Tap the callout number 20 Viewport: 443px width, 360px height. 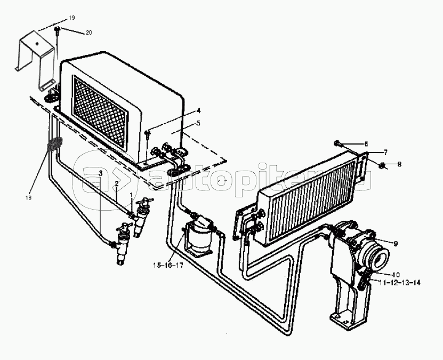[88, 33]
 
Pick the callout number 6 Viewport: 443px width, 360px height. [366, 144]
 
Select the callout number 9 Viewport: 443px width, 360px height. [396, 244]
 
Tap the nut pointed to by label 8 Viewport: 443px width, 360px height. [384, 165]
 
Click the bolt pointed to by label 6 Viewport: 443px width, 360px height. [340, 143]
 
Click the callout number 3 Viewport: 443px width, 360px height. [100, 172]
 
